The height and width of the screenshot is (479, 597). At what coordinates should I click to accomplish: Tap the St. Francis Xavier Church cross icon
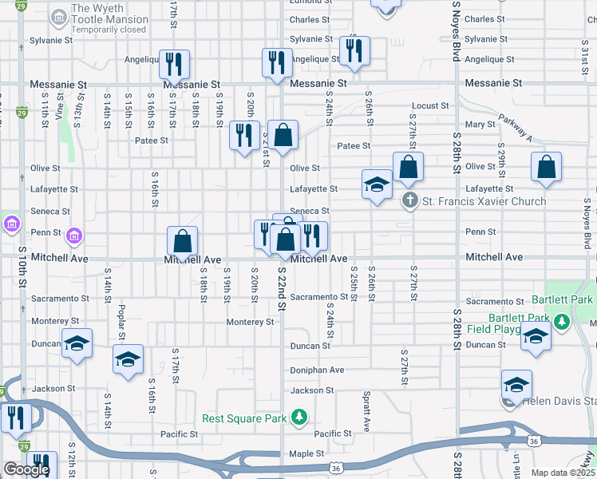(409, 201)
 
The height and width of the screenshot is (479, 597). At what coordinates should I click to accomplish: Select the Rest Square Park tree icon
(299, 417)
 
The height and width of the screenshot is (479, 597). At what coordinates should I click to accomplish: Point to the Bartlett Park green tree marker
(562, 321)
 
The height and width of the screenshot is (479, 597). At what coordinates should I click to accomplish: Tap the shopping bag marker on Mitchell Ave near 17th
(183, 241)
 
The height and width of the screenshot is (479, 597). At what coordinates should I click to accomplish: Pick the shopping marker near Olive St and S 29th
(547, 168)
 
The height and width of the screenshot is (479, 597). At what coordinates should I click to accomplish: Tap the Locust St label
(428, 106)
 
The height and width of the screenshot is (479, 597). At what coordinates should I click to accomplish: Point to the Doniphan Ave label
(317, 370)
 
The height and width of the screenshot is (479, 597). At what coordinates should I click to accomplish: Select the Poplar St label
(122, 321)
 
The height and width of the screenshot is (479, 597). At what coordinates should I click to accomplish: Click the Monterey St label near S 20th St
(250, 322)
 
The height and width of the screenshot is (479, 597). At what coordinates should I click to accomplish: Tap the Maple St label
(306, 453)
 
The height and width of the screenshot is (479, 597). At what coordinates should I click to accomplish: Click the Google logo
(26, 469)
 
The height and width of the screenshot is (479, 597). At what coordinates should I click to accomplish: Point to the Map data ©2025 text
(563, 473)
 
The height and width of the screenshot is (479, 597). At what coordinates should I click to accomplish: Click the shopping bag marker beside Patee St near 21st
(283, 135)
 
